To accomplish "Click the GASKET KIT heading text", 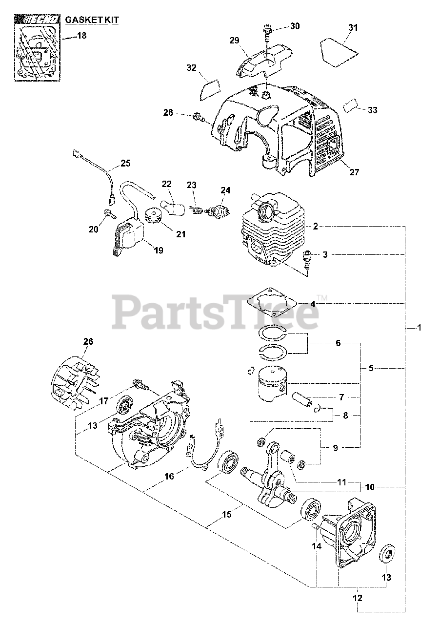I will [92, 20].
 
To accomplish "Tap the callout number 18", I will [81, 36].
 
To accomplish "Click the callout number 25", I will [125, 163].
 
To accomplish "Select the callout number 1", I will [419, 328].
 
